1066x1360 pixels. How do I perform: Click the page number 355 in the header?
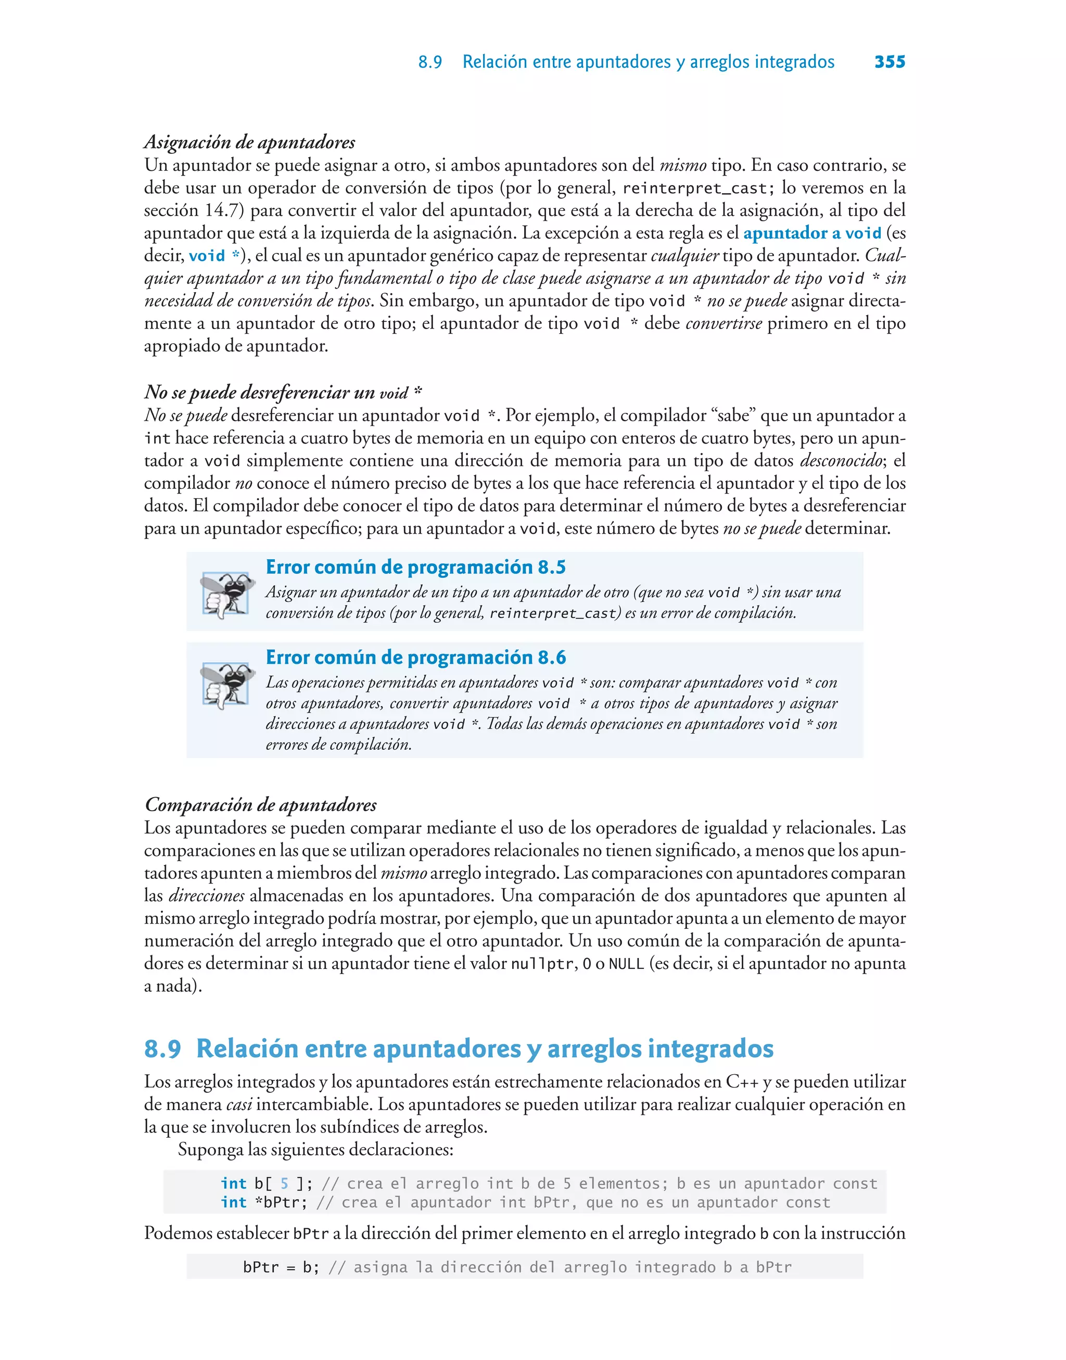tap(890, 62)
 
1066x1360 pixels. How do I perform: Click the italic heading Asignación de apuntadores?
tap(250, 142)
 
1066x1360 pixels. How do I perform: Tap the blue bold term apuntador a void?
tap(812, 233)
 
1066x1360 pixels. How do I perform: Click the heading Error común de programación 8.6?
tap(416, 657)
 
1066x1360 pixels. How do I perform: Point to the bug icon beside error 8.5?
tap(226, 594)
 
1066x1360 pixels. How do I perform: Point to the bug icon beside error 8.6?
tap(226, 685)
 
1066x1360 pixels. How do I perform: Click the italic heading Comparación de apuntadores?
tap(260, 804)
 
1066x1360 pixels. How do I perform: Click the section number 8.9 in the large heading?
tap(162, 1049)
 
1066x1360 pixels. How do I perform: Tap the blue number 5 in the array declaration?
tap(285, 1183)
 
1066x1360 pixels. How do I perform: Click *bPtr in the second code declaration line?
tap(281, 1202)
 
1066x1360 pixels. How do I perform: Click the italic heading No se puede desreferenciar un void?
tap(283, 393)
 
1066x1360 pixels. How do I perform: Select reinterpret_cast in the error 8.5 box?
tap(554, 613)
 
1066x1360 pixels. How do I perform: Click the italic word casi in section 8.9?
tap(238, 1104)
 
